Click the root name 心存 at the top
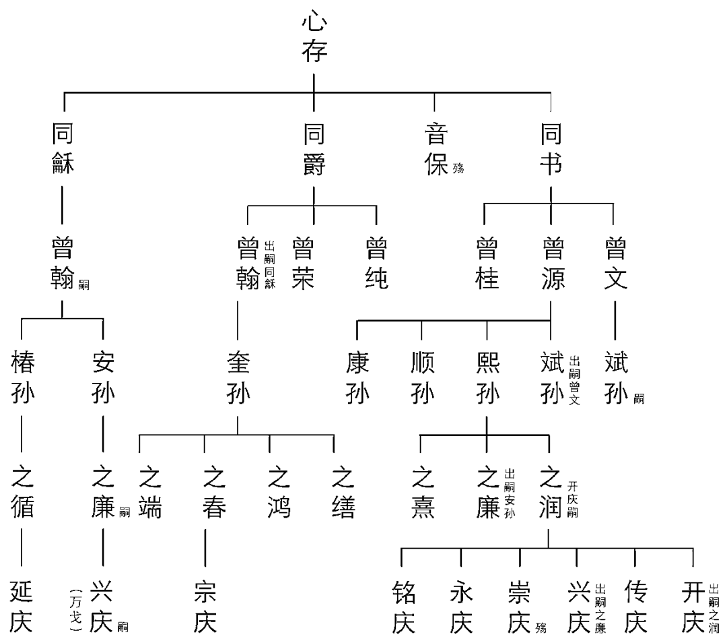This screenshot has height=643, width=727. pyautogui.click(x=314, y=38)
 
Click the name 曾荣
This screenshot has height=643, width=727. pyautogui.click(x=303, y=263)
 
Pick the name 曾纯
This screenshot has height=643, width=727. pyautogui.click(x=376, y=263)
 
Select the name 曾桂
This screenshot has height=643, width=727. pyautogui.click(x=487, y=263)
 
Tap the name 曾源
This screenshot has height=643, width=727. pyautogui.click(x=551, y=263)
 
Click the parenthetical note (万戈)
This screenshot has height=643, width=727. pyautogui.click(x=75, y=607)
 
